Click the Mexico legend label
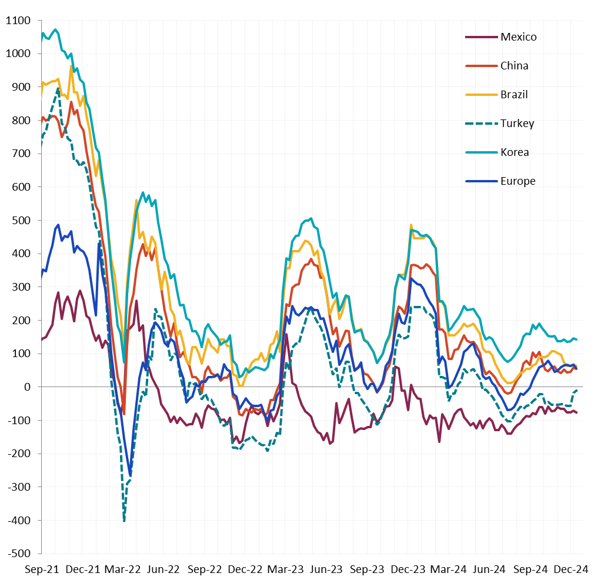coord(518,37)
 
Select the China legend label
coord(514,66)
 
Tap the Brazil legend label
coord(514,95)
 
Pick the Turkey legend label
coord(517,124)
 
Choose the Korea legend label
coord(515,152)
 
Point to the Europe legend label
coord(517,181)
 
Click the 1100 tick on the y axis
coord(19,21)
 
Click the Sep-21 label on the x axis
coord(41,569)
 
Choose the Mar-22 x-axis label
coord(123,569)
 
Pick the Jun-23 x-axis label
coord(326,569)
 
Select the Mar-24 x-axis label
coord(449,569)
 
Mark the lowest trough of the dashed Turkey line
coord(124,521)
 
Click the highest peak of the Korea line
coord(55,29)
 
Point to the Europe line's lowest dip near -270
coord(130,476)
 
